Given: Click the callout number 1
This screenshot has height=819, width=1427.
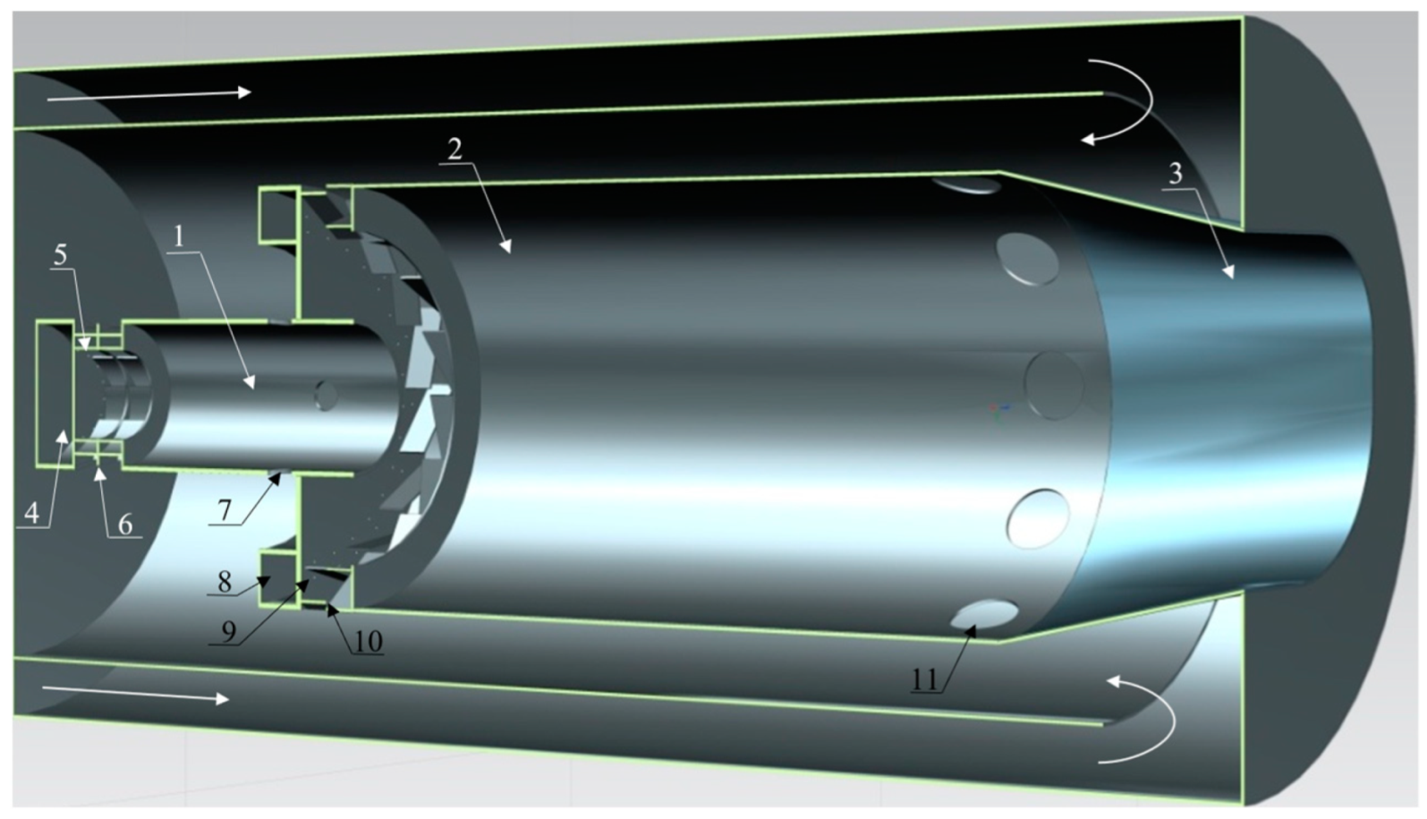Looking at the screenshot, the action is (x=179, y=237).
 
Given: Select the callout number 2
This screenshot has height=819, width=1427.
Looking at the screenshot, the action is (x=454, y=149).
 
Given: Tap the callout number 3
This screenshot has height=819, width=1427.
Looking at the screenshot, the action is (x=1176, y=174).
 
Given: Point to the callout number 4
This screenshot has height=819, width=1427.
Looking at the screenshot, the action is (x=31, y=512).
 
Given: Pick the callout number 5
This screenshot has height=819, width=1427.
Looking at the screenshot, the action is (x=60, y=255).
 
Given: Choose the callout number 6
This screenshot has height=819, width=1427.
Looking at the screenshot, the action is (x=125, y=525).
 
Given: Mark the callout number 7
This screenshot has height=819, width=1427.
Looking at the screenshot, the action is (x=224, y=510).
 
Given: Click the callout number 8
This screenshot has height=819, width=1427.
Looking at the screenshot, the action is (x=225, y=582).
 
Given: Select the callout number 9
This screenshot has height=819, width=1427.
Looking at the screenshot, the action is (x=228, y=631).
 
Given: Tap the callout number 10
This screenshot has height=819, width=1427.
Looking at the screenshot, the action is (x=368, y=641).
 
